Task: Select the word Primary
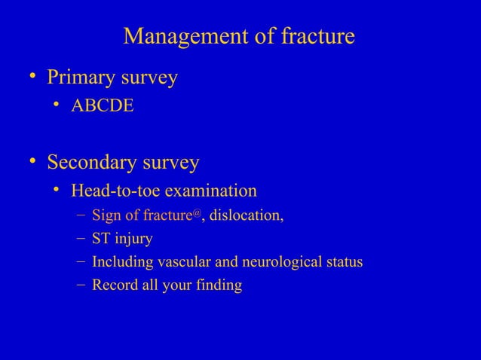[81, 78]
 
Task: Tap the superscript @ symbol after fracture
[198, 215]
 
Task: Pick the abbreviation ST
[101, 239]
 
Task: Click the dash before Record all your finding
[80, 285]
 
